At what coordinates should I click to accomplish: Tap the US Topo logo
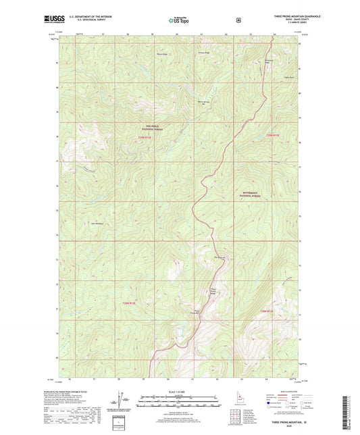[x=180, y=21]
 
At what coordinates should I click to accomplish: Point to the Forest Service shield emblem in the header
[x=238, y=20]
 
